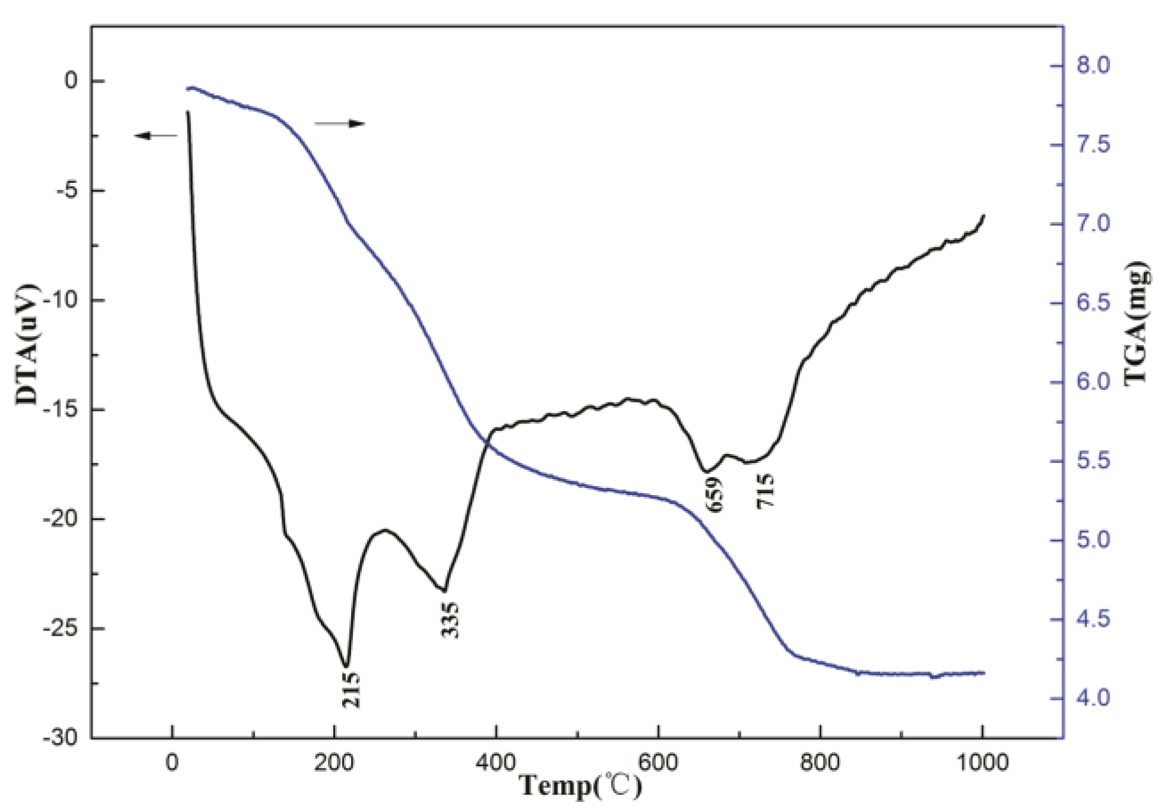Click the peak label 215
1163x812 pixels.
coord(351,689)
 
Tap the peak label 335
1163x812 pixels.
coord(450,620)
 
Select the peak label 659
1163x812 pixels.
coord(714,494)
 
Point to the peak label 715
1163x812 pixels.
coord(765,490)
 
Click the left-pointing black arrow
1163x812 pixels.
coord(155,136)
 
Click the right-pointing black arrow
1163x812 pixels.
coord(340,123)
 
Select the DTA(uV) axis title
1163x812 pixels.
coord(27,344)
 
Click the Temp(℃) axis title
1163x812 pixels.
coord(580,786)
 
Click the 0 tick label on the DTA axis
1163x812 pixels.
coord(71,81)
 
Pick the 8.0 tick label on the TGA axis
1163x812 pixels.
coord(1093,65)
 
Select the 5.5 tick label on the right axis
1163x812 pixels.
coord(1093,461)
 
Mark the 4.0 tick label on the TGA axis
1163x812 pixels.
coord(1093,698)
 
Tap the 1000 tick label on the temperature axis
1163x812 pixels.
coord(982,762)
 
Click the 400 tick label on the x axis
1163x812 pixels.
coord(496,762)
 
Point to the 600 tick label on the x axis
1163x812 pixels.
coord(658,762)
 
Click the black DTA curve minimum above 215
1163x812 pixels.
coord(346,665)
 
